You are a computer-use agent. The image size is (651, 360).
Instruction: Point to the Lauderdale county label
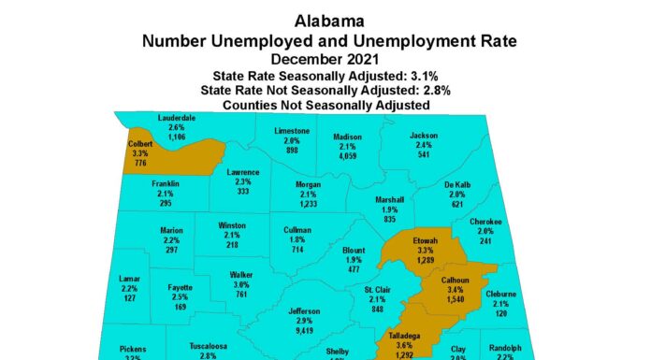point(177,119)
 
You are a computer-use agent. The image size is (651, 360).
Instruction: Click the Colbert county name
point(141,144)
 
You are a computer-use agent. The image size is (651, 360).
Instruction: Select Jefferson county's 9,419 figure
point(305,330)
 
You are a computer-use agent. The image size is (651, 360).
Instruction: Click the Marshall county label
point(390,200)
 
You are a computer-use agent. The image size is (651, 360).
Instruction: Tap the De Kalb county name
point(456,184)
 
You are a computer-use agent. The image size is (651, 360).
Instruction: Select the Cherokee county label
point(485,222)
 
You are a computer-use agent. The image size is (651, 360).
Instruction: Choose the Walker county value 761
point(241,294)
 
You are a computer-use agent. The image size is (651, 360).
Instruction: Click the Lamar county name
point(129,278)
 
